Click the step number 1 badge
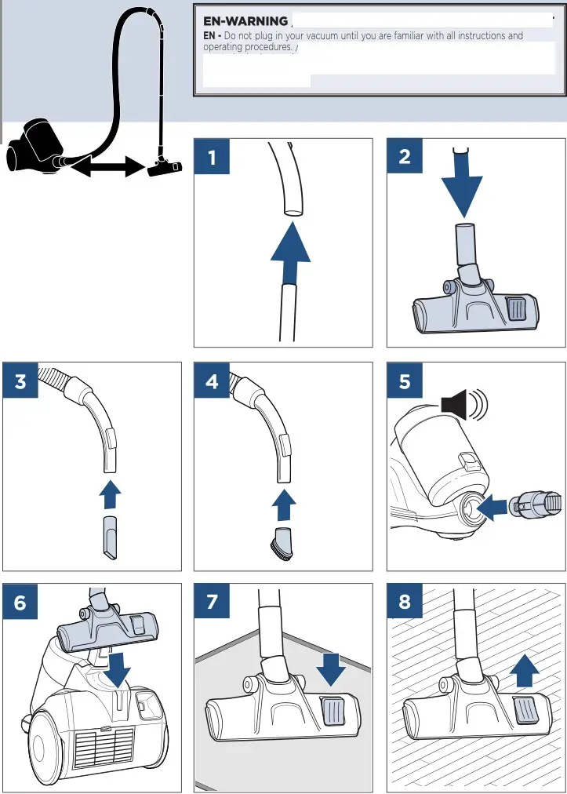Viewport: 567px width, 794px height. [x=212, y=157]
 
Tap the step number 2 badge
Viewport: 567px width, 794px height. [x=405, y=157]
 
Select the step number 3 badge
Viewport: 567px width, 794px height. [x=20, y=381]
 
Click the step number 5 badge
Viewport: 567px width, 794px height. [x=405, y=381]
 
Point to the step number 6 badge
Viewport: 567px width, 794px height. [x=20, y=603]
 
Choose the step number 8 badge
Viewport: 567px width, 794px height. [x=405, y=603]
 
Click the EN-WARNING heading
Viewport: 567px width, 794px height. [x=245, y=21]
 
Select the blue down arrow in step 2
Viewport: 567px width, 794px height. [x=463, y=188]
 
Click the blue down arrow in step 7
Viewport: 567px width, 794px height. [x=333, y=668]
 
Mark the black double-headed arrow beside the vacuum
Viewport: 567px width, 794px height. [x=107, y=166]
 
